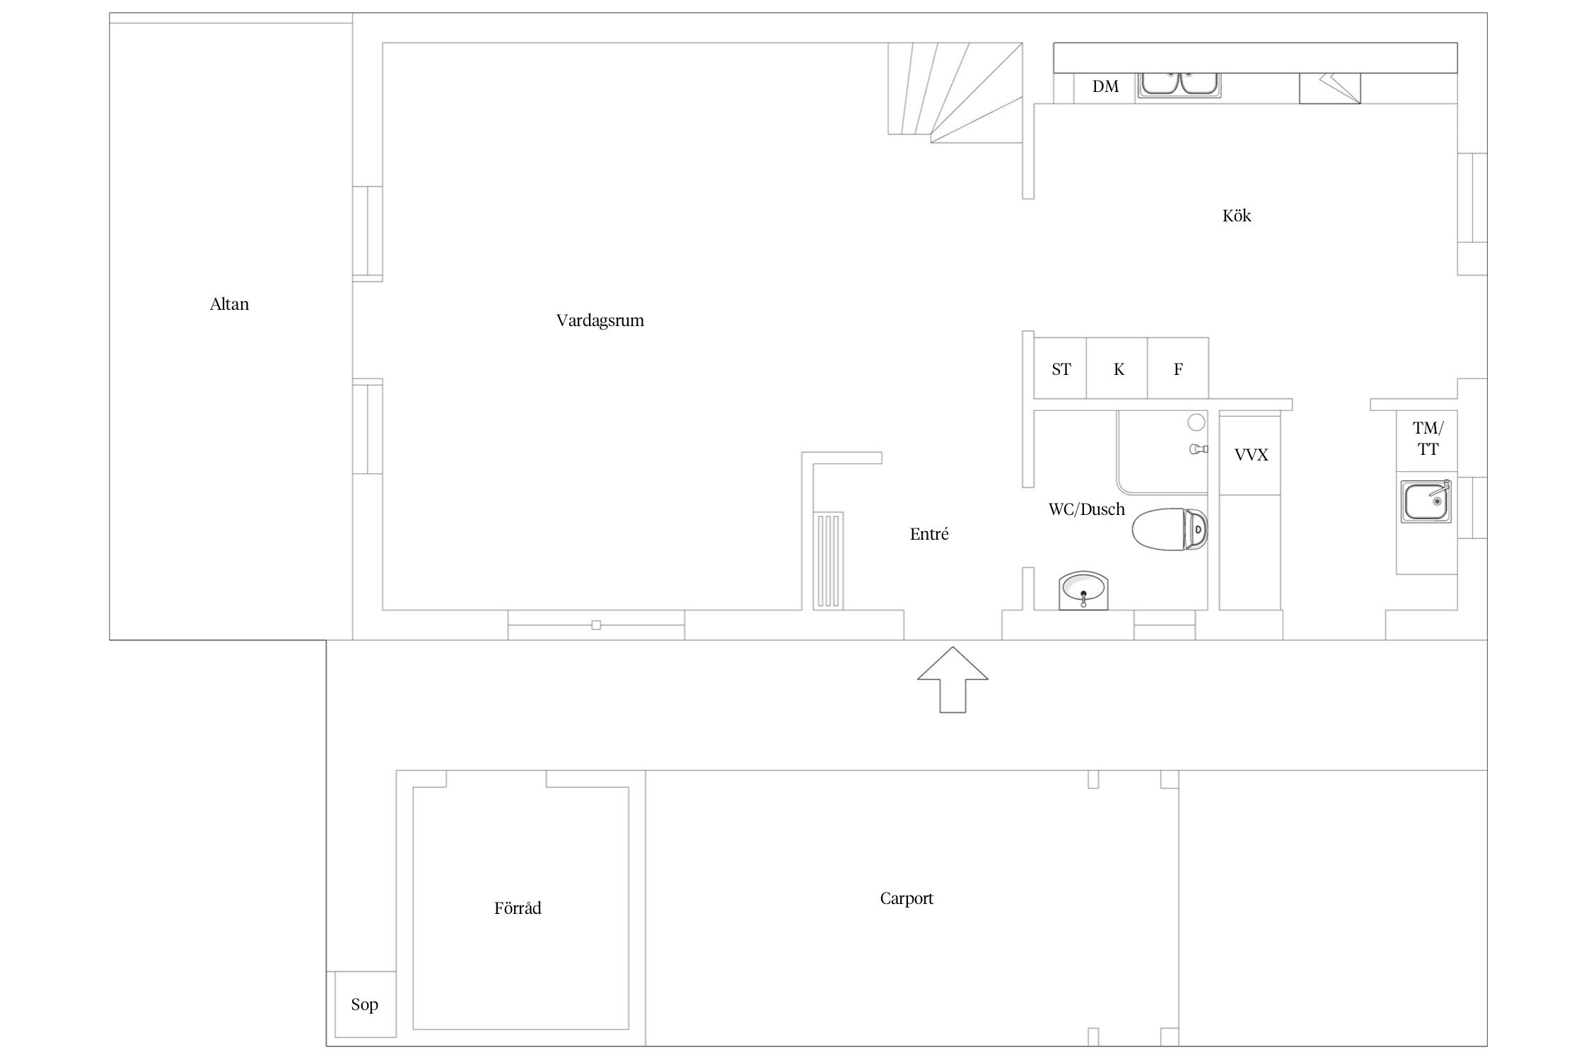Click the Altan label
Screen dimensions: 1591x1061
[229, 304]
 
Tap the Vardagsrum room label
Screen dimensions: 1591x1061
[600, 320]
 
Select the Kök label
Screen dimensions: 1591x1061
[1237, 216]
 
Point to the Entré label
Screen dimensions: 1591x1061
[929, 534]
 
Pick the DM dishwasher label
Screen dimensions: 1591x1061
[1105, 86]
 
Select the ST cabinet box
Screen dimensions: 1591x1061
[1060, 369]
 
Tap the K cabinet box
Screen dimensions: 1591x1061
[1117, 369]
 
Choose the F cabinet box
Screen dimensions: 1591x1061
[1178, 369]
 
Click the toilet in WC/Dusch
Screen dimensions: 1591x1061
[1170, 529]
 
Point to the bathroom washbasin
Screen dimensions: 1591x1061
[1084, 591]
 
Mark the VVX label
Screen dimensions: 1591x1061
[1251, 455]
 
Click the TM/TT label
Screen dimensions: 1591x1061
[1428, 439]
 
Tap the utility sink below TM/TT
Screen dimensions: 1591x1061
[1426, 501]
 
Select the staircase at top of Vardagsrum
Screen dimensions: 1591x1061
[955, 92]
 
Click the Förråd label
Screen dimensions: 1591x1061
[518, 908]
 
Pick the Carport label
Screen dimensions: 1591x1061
[907, 898]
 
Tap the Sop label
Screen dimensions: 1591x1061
[364, 1004]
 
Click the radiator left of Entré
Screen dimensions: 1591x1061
[828, 561]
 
